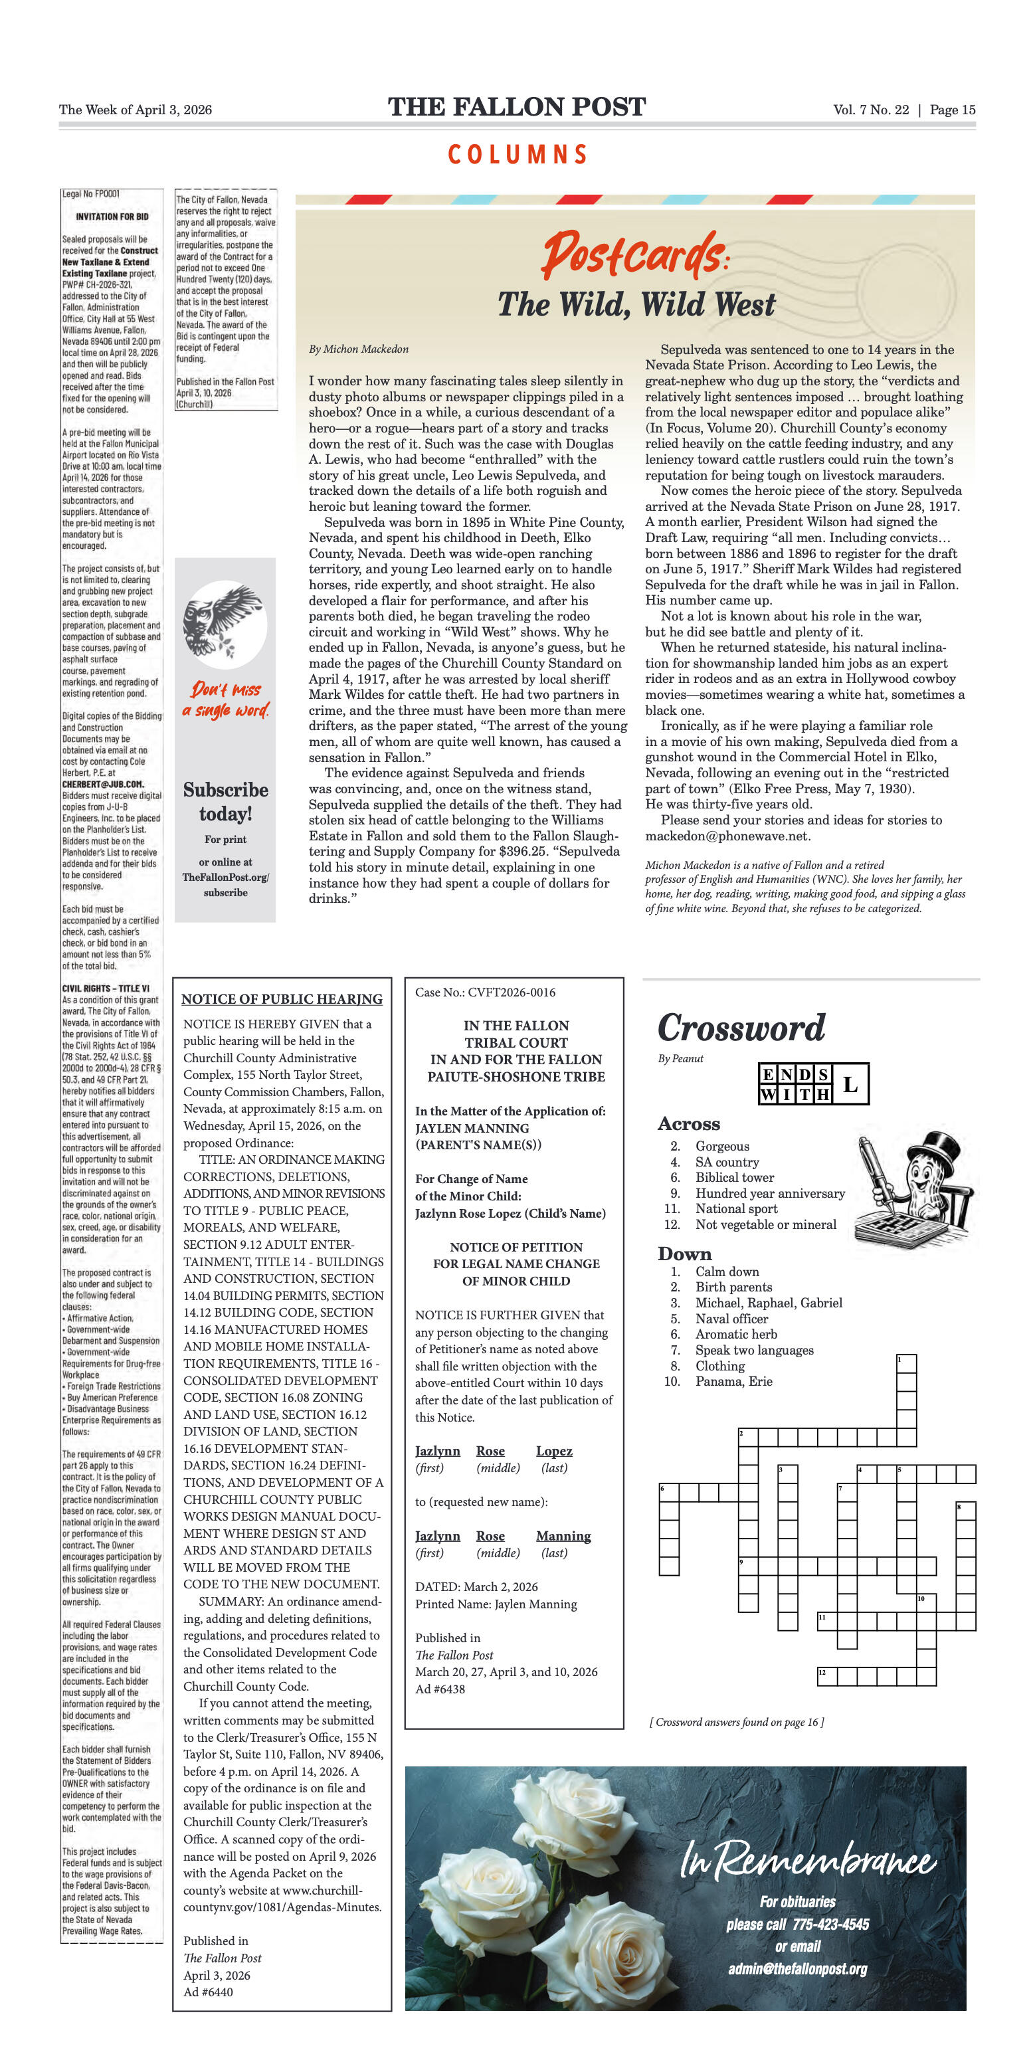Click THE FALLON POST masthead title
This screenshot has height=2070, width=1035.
517,107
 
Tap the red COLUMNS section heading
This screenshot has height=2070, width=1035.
517,154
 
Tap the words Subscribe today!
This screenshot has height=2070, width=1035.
225,801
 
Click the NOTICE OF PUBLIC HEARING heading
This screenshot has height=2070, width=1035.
281,999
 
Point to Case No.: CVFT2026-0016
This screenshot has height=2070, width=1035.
486,992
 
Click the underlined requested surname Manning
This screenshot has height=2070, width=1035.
563,1536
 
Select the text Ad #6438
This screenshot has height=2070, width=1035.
440,1688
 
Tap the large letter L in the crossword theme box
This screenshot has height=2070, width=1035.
850,1084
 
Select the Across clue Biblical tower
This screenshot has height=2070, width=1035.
735,1177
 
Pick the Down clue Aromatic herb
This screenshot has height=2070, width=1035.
736,1334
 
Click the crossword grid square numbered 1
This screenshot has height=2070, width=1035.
905,1363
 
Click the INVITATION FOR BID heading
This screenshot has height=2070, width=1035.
112,216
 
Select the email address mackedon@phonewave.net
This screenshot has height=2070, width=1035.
728,836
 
